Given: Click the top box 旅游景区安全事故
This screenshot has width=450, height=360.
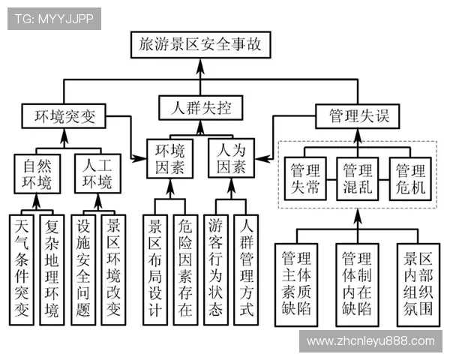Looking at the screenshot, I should pos(200,45).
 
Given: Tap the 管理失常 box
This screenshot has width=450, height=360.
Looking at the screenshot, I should pos(304,178).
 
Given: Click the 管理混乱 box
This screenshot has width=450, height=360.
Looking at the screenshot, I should pos(356,178).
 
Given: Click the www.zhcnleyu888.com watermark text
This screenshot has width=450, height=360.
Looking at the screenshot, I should pos(370,341).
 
